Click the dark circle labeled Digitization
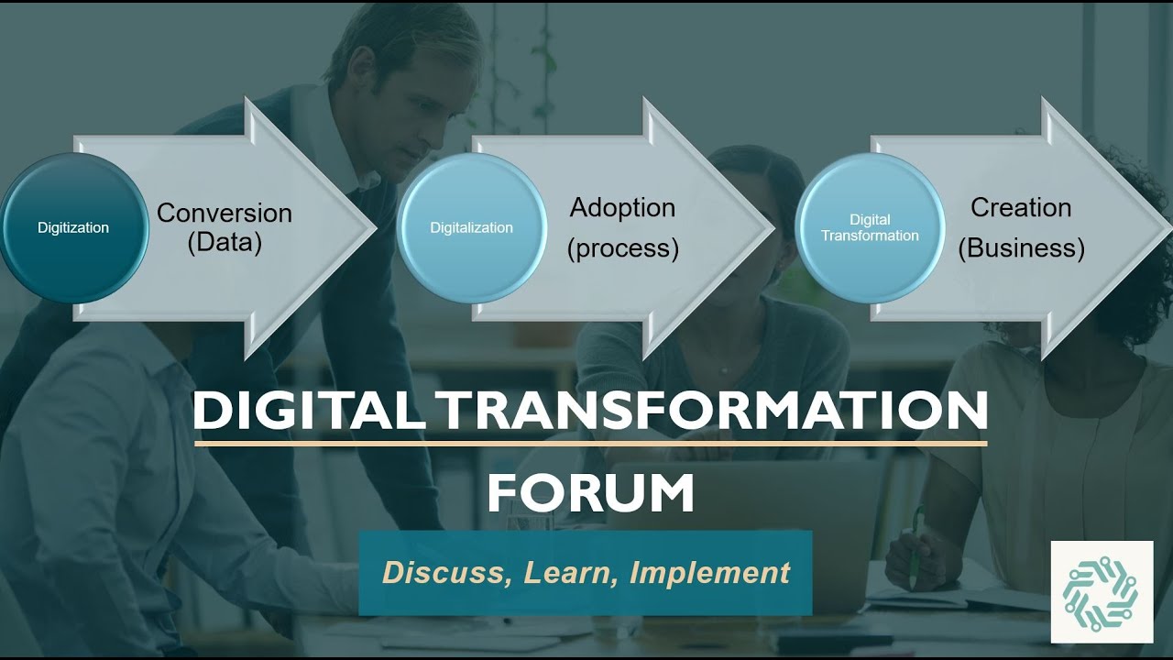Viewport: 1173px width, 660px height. point(73,227)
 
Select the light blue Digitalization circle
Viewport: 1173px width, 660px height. point(471,227)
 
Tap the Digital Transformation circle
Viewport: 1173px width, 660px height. point(870,227)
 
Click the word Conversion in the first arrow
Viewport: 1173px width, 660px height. point(225,213)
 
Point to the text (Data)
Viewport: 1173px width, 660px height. point(225,244)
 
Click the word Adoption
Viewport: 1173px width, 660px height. point(622,208)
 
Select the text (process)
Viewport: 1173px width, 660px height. point(623,248)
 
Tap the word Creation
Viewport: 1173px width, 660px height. point(1021,208)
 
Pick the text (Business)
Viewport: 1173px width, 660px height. point(1021,248)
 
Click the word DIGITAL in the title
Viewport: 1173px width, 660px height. point(307,412)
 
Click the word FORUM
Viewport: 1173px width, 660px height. point(590,494)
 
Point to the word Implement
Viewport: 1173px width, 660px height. point(709,573)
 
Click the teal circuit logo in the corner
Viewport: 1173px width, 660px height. point(1101,591)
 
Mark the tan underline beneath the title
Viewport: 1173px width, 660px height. point(590,444)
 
